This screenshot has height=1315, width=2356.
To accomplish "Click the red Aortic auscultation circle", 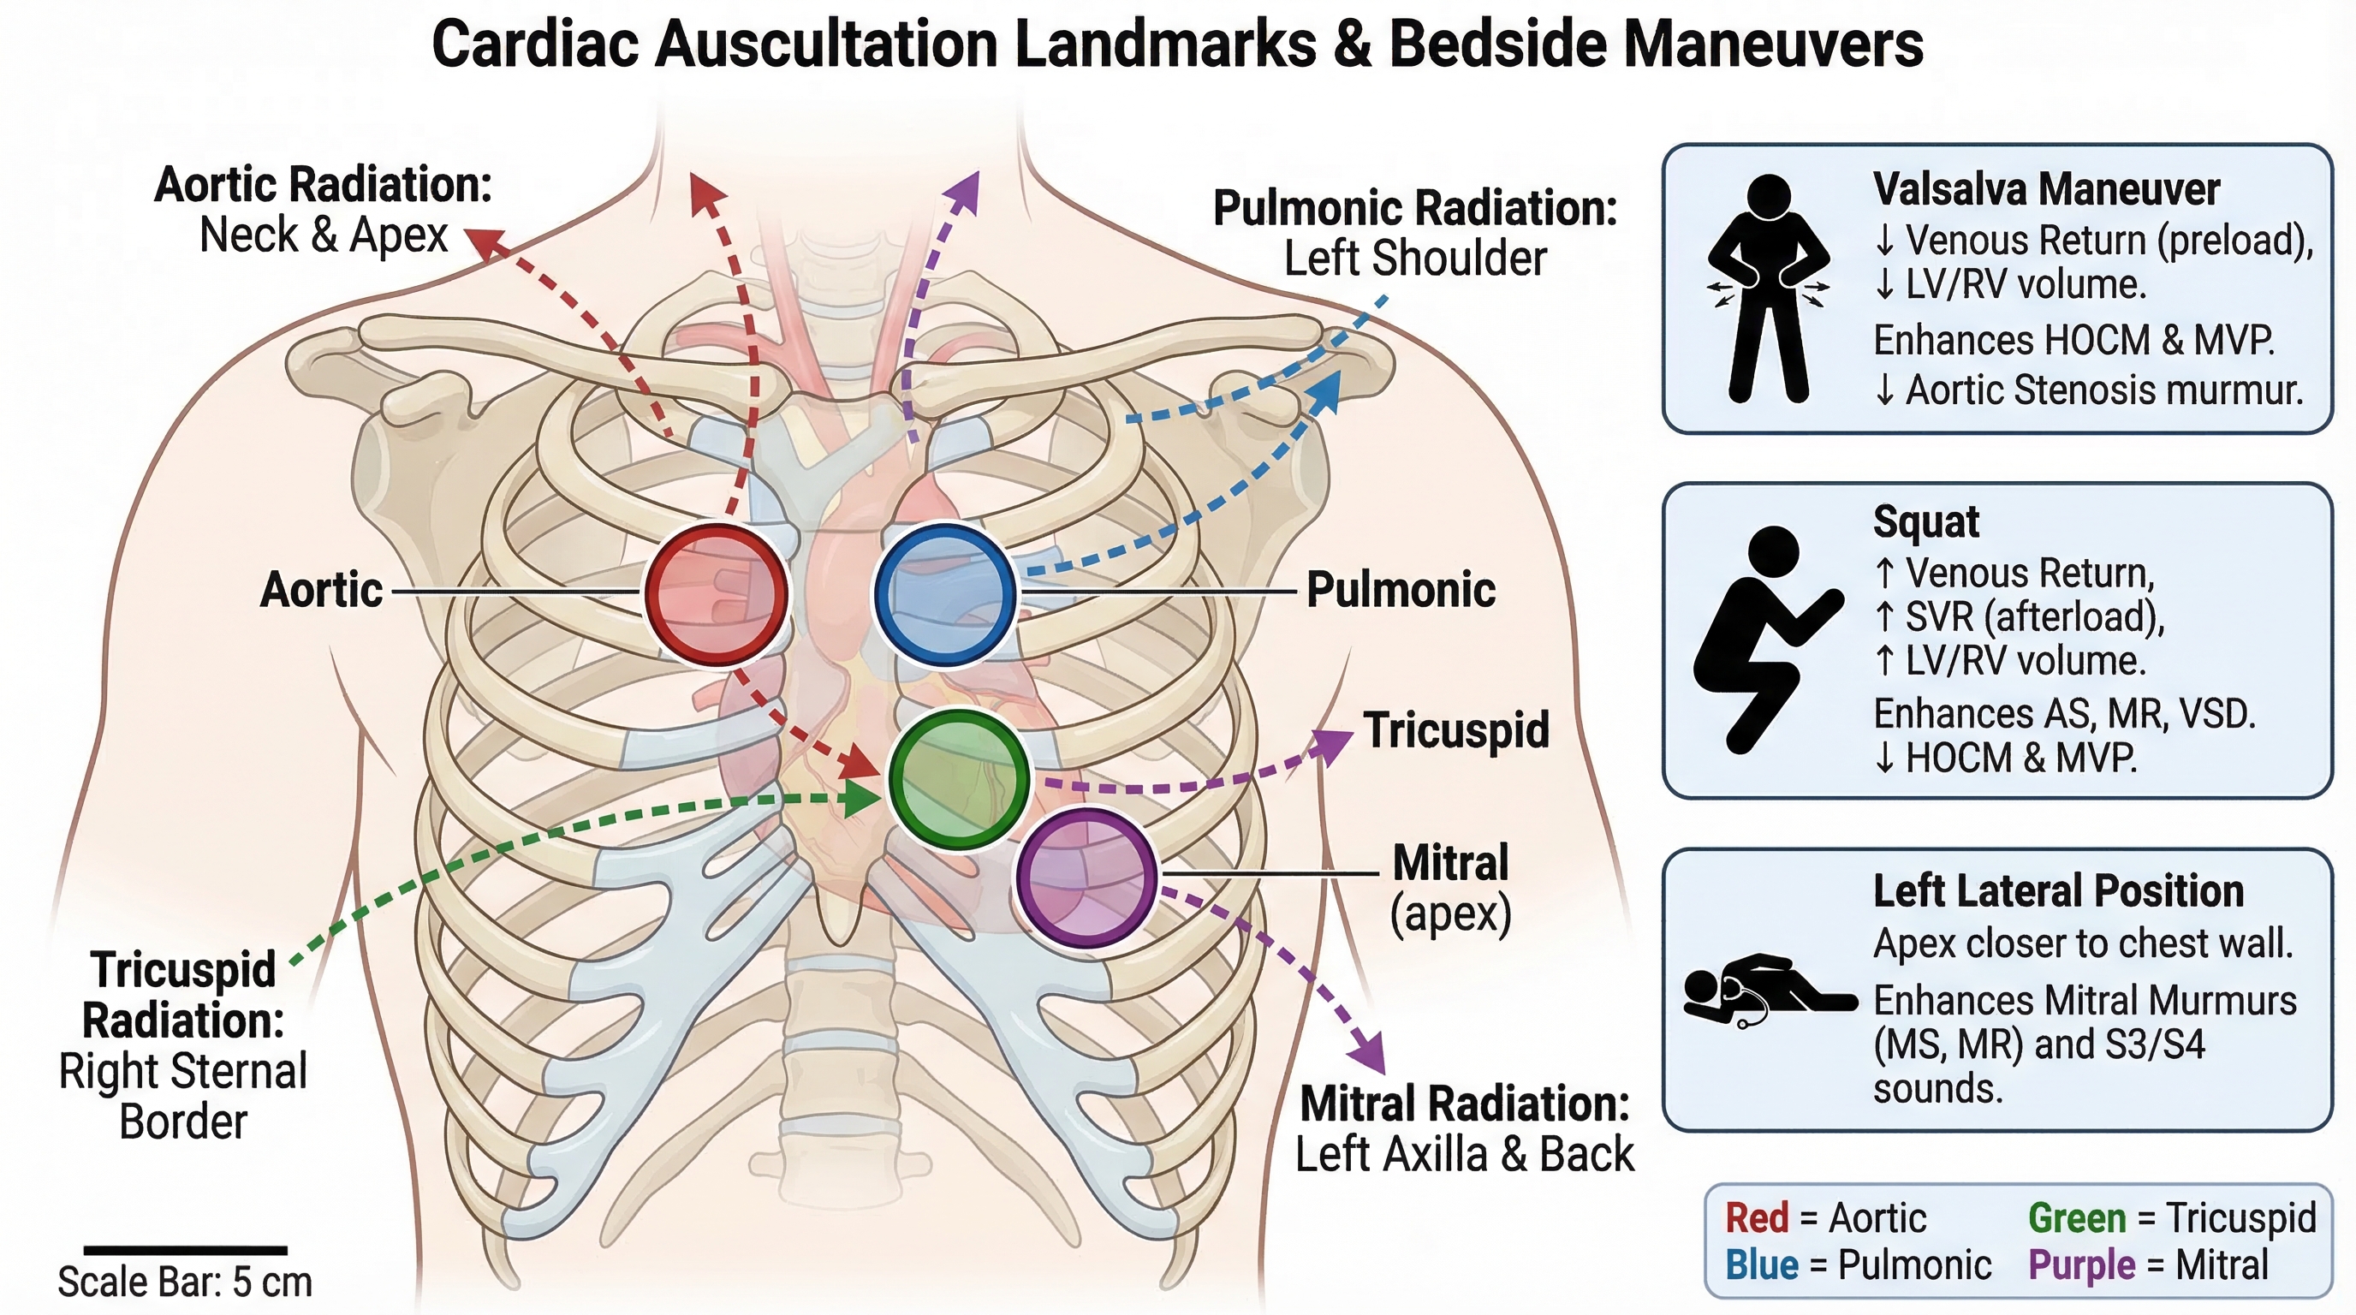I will tap(716, 593).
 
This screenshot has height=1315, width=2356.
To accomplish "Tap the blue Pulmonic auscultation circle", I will tap(945, 593).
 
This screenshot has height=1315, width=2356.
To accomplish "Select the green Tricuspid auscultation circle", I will tap(960, 778).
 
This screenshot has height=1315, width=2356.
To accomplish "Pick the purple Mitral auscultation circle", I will tap(1087, 876).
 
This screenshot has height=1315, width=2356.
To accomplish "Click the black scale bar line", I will tap(186, 1249).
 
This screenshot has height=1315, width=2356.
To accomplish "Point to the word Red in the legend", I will tap(1756, 1218).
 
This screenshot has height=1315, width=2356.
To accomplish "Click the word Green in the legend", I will tap(2076, 1218).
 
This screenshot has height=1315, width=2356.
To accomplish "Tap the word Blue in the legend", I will tap(1762, 1265).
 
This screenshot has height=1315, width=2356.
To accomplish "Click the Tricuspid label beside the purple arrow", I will tap(1456, 729).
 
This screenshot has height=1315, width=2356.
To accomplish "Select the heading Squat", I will tap(1925, 522).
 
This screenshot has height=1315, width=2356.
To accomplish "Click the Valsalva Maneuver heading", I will tap(2046, 189).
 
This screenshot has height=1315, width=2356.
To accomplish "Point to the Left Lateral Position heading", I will tap(2058, 890).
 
